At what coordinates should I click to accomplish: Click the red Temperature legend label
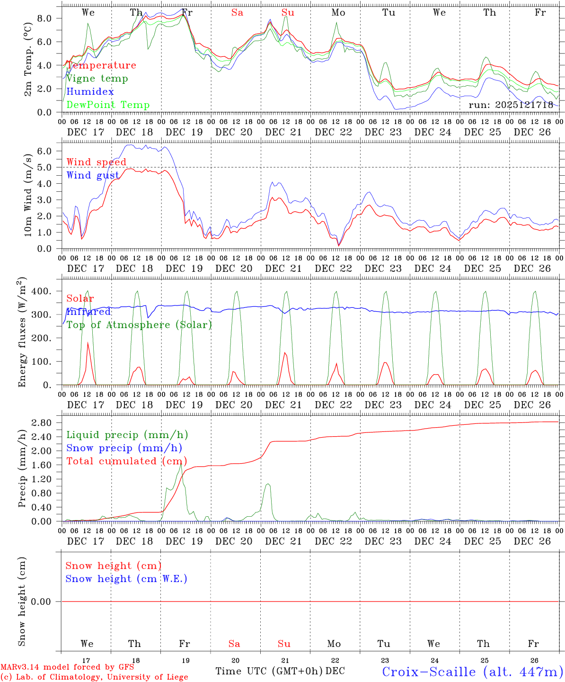coord(101,65)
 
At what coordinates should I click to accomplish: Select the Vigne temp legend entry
coord(97,79)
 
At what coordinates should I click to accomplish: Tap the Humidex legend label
coord(90,92)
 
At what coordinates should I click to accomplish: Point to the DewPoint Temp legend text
coord(108,105)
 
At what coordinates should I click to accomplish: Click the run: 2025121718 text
coord(511,105)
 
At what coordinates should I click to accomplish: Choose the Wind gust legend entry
coord(93,175)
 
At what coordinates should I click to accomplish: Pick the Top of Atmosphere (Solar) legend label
coord(139,325)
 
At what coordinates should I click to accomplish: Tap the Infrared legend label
coord(88,312)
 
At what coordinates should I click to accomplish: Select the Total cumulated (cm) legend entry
coord(127,461)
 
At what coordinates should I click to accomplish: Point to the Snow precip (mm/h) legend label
coord(124,448)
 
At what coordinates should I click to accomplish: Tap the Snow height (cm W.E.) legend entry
coord(126,579)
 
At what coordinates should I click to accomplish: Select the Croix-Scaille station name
coord(472,672)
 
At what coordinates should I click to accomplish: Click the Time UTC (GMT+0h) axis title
coord(269,671)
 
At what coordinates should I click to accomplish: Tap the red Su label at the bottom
coord(284,644)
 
